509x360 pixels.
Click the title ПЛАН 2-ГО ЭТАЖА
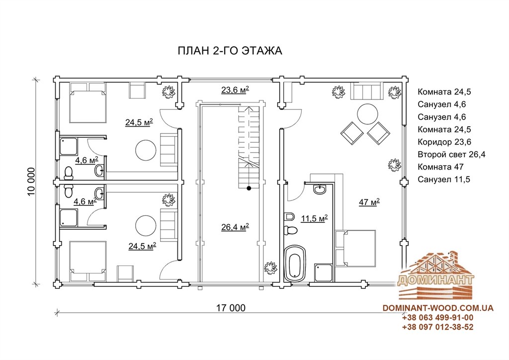point(230,51)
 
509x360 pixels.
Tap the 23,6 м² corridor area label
point(235,90)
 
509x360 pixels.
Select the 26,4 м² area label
point(235,227)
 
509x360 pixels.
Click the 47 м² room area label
point(369,202)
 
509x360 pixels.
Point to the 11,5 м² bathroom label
point(314,218)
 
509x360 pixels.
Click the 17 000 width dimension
point(231,308)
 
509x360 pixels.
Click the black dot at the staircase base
point(249,188)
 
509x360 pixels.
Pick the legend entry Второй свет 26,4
point(451,155)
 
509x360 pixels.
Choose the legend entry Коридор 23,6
point(444,142)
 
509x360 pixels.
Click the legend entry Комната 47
point(440,167)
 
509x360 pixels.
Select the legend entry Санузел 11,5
point(444,180)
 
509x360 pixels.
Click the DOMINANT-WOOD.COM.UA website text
point(438,308)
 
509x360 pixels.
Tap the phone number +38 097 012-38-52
point(437,327)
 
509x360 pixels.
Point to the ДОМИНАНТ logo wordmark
point(435,280)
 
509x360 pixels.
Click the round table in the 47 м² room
point(367,113)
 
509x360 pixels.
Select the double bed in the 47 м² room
point(356,248)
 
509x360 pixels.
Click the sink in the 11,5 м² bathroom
point(320,189)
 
